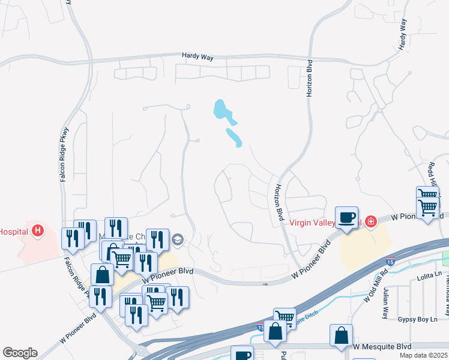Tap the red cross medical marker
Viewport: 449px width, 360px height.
tap(370, 222)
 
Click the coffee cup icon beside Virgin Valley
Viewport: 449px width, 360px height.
tap(347, 217)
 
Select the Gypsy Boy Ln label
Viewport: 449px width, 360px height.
tap(418, 319)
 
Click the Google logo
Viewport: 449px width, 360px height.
tap(20, 352)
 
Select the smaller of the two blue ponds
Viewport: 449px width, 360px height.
tap(234, 137)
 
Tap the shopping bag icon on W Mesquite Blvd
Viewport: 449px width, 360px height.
tap(341, 335)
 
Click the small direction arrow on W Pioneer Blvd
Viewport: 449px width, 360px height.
tap(266, 284)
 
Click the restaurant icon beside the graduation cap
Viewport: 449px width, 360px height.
tap(157, 239)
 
